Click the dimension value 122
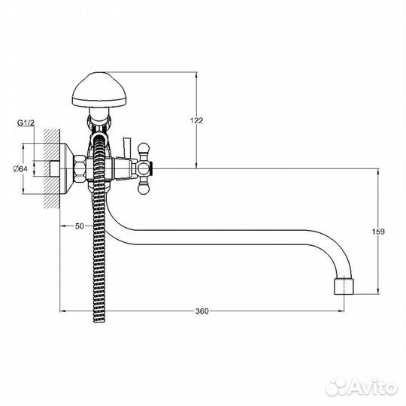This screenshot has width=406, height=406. [196, 120]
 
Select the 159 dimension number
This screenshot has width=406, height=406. [378, 232]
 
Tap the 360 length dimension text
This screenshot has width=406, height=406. [201, 311]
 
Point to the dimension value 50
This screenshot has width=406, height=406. [80, 226]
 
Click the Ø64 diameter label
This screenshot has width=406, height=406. [20, 169]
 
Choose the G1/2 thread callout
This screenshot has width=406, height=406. [26, 123]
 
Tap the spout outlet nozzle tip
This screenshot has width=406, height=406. [344, 286]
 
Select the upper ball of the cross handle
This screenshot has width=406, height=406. [144, 148]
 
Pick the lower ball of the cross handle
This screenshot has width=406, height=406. [144, 189]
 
